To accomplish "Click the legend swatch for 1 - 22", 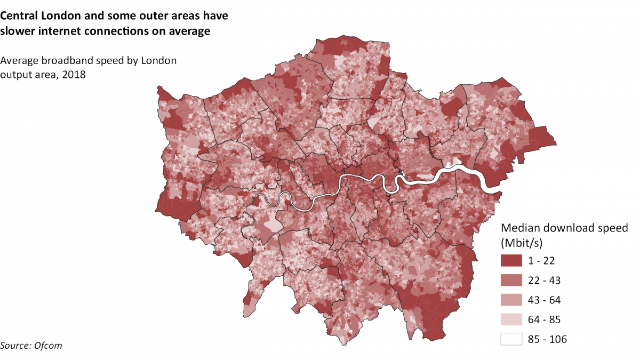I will (511, 260).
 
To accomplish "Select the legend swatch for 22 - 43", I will (511, 280).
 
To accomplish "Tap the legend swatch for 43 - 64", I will (511, 300).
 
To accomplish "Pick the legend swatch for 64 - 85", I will (511, 319).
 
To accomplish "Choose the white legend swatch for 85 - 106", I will (511, 339).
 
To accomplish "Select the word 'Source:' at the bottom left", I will (15, 346).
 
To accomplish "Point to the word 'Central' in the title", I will (21, 16).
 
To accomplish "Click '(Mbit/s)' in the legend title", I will (522, 243).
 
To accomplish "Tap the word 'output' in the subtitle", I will (17, 75).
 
